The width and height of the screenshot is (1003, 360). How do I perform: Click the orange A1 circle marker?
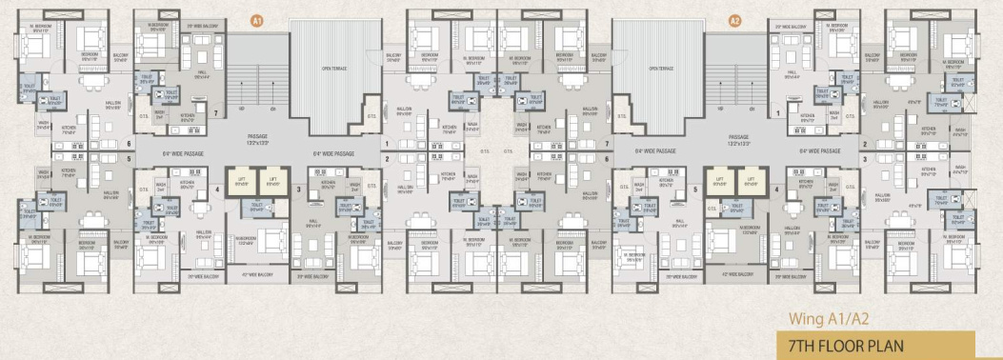(x=255, y=19)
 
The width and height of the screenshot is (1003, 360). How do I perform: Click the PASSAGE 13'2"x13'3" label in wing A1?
(x=257, y=138)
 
